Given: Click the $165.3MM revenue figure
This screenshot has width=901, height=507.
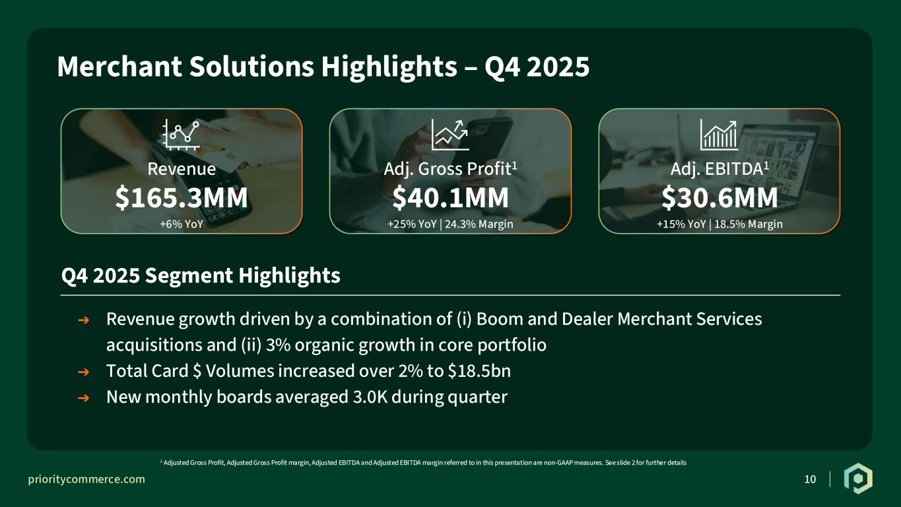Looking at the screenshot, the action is (x=182, y=197).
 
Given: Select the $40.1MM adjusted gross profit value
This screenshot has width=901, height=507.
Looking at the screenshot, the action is (x=450, y=197).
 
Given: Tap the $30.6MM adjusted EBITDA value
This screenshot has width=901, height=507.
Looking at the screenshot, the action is (x=719, y=197).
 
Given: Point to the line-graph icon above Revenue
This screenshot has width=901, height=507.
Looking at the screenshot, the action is (x=181, y=135).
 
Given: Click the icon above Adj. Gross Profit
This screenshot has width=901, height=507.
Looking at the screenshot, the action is (x=450, y=135).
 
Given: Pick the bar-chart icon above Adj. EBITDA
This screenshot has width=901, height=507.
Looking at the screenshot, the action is (x=719, y=135).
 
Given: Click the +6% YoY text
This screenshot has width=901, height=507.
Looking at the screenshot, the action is (x=182, y=224).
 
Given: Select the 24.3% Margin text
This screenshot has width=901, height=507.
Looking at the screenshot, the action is (x=479, y=224).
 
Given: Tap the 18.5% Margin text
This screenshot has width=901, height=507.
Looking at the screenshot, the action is (x=748, y=224).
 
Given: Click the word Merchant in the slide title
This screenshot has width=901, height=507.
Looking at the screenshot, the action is (x=119, y=67).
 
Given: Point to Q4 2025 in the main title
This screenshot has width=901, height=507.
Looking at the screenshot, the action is (x=537, y=67).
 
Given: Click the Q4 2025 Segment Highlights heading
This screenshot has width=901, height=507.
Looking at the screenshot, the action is (x=201, y=276).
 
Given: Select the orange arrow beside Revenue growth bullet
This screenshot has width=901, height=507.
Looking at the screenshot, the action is (x=83, y=320).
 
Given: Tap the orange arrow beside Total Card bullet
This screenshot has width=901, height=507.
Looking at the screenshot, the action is (x=83, y=372).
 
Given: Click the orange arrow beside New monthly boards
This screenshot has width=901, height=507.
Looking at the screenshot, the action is (x=83, y=398).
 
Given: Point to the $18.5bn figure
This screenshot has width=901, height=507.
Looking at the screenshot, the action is (x=479, y=370).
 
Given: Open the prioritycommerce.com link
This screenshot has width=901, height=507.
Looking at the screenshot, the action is (x=86, y=479).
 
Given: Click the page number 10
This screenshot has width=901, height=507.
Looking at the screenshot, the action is (x=810, y=479).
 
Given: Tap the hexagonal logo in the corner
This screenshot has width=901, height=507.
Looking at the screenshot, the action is (x=858, y=479).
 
